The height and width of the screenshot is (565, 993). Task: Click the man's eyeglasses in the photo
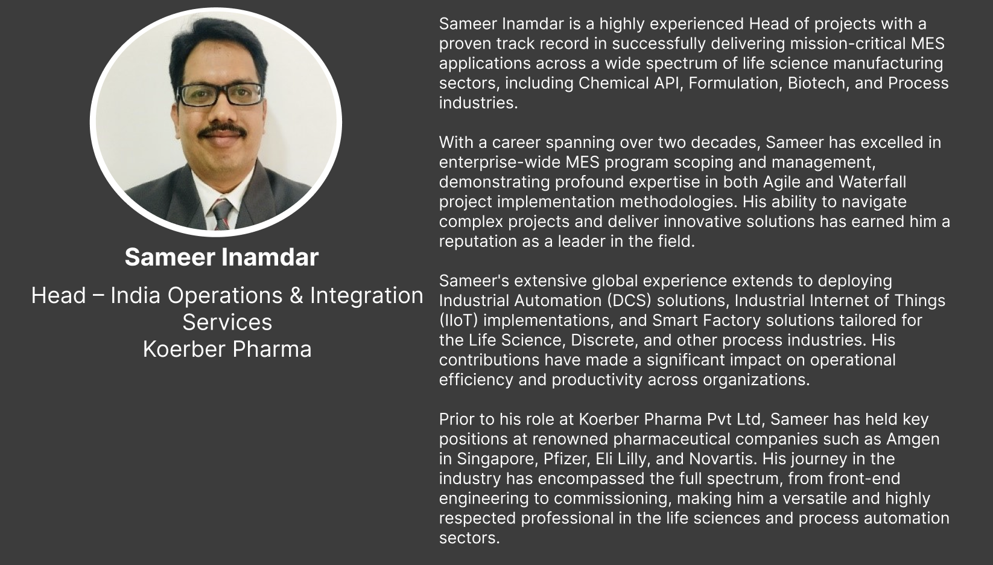tap(220, 94)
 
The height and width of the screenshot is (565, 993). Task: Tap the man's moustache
tap(222, 131)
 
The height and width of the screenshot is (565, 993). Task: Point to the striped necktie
tap(223, 214)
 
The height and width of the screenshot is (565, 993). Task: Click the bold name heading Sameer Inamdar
tap(221, 257)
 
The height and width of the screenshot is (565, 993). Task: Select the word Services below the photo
tap(227, 322)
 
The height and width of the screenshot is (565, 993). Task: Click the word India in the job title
tap(135, 295)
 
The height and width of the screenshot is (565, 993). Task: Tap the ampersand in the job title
tap(296, 295)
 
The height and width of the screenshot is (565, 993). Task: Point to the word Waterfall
tap(872, 182)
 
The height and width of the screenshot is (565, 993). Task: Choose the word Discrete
tap(605, 340)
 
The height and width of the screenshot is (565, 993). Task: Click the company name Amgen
tap(913, 439)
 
